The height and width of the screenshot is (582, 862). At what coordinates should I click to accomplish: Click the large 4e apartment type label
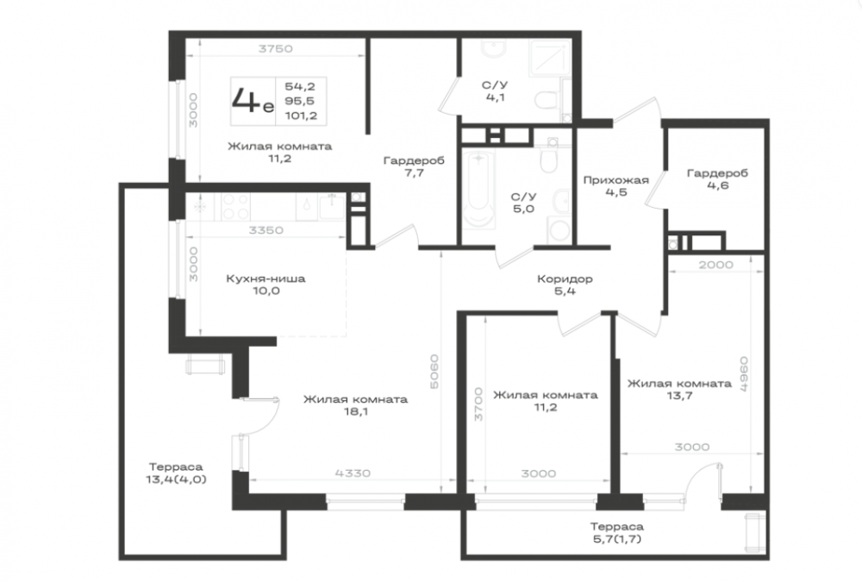(253, 101)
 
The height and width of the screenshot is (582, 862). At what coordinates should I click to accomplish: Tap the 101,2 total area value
(301, 116)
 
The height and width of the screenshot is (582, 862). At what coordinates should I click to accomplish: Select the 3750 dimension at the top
(276, 48)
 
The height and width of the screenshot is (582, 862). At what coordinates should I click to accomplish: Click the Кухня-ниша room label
(266, 278)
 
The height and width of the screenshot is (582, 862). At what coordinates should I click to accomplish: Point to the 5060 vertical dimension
(434, 372)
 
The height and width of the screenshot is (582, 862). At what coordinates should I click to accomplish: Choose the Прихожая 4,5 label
(615, 186)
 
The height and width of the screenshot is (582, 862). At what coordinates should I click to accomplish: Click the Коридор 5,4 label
(565, 285)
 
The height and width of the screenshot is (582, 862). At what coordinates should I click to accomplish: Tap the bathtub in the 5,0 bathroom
(479, 189)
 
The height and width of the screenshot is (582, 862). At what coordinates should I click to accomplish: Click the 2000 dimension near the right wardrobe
(715, 265)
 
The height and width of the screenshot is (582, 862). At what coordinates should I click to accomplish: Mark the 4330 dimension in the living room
(353, 472)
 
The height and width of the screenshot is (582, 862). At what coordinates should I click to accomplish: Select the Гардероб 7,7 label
(414, 166)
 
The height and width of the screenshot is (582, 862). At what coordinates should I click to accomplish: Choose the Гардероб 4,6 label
(717, 178)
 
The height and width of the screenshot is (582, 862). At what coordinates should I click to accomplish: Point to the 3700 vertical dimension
(478, 404)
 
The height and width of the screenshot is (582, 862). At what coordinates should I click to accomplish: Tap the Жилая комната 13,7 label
(679, 390)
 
